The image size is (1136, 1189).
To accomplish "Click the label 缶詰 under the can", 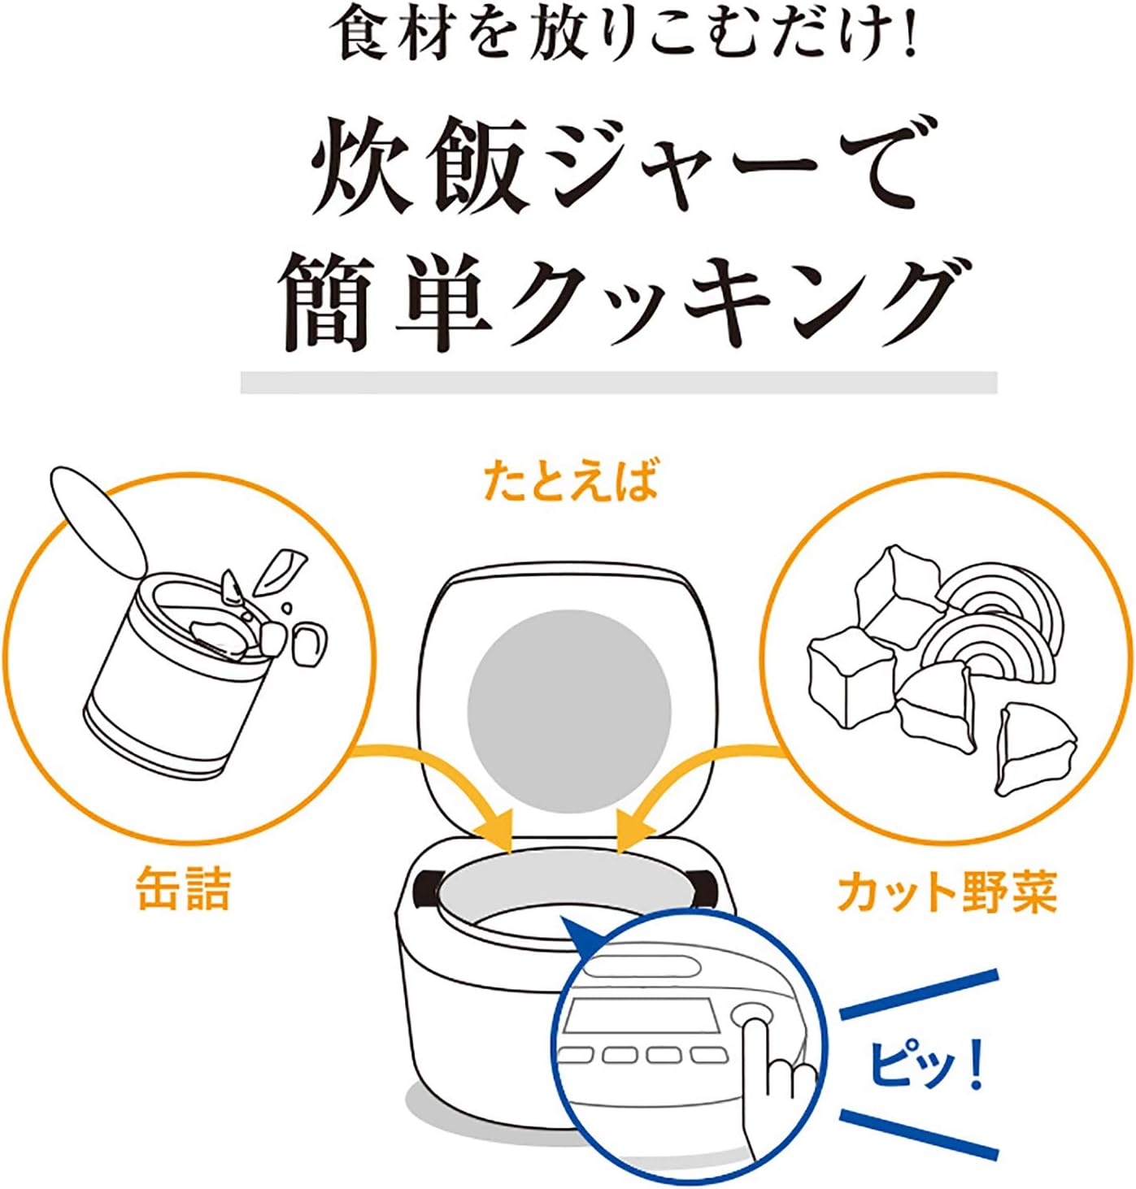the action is tap(184, 888).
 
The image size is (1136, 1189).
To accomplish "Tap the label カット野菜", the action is tap(947, 892).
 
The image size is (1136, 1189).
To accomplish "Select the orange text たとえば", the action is tap(569, 480).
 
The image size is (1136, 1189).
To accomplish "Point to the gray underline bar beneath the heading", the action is tap(618, 382).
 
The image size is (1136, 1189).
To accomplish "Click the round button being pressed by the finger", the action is tap(751, 1016).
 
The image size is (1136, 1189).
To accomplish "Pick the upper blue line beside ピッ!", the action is tap(919, 993).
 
